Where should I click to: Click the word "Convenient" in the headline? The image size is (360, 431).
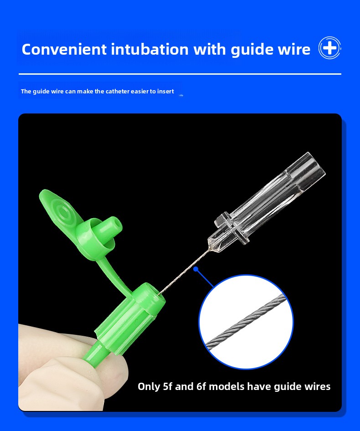(x=64, y=50)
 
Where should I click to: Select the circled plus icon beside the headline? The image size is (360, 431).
(x=329, y=48)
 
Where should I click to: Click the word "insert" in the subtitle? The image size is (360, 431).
(x=166, y=91)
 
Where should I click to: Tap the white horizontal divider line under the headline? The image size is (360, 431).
(x=180, y=74)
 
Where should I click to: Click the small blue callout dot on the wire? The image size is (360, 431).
(x=196, y=269)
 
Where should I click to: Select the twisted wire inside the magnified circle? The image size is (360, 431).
(x=246, y=320)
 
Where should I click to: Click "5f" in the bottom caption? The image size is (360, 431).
(x=168, y=386)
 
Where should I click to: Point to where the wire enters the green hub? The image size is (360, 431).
(x=159, y=294)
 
